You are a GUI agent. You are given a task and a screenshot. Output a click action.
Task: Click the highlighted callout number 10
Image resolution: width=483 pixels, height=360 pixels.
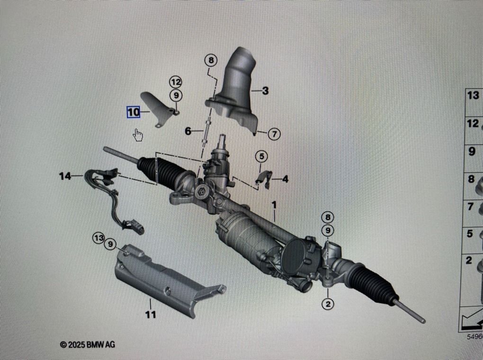pyautogui.click(x=133, y=112)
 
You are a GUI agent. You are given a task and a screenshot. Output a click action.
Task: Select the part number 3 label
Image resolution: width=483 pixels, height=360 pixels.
pyautogui.click(x=265, y=90)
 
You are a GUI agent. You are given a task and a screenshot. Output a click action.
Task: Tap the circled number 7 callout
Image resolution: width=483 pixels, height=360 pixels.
pyautogui.click(x=274, y=134)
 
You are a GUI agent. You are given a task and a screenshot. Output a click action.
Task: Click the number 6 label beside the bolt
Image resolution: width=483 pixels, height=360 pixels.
pyautogui.click(x=188, y=131)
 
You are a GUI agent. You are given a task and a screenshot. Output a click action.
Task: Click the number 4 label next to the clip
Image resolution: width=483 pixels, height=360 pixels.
pyautogui.click(x=285, y=179)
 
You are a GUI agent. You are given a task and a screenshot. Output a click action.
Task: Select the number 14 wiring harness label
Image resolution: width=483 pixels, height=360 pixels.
pyautogui.click(x=65, y=176)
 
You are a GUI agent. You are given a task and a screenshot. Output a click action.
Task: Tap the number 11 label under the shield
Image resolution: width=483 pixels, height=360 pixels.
pyautogui.click(x=151, y=314)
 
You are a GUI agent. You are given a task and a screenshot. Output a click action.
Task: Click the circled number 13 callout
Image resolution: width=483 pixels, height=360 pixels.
pyautogui.click(x=98, y=238)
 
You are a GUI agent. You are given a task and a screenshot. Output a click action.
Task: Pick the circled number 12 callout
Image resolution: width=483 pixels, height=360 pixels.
pyautogui.click(x=176, y=82)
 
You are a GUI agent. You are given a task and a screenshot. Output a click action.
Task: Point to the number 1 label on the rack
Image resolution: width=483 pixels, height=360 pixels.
pyautogui.click(x=273, y=205)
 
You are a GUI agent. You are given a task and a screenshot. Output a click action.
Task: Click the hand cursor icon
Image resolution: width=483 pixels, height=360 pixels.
pyautogui.click(x=138, y=135)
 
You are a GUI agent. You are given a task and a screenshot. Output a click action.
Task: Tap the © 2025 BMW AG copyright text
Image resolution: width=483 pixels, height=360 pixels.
pyautogui.click(x=88, y=344)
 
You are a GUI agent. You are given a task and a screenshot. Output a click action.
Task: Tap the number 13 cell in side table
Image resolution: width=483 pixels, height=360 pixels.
pyautogui.click(x=473, y=95)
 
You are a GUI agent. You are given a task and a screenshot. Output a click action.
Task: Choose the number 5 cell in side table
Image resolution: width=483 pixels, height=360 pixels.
pyautogui.click(x=470, y=234)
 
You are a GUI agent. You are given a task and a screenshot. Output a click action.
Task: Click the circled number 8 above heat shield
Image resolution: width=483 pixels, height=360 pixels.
pyautogui.click(x=211, y=60)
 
